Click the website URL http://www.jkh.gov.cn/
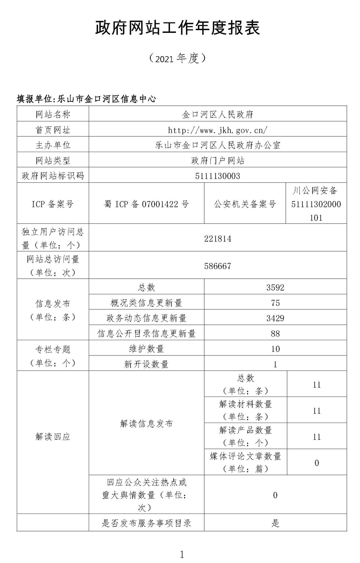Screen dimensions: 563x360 218,130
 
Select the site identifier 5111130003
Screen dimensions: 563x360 218,176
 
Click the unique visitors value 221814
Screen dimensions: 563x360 218,239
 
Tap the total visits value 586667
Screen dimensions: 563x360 218,266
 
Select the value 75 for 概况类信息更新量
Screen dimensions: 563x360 275,303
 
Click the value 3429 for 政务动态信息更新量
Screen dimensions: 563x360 275,318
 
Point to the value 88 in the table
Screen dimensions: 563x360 275,333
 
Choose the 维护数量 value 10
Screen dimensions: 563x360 275,349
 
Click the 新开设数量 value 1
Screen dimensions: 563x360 275,364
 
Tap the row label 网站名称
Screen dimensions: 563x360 53,115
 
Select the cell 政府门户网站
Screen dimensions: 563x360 218,160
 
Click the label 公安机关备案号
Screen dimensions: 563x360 245,204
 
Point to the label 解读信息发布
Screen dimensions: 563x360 146,423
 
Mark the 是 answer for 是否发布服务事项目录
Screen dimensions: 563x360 275,523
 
